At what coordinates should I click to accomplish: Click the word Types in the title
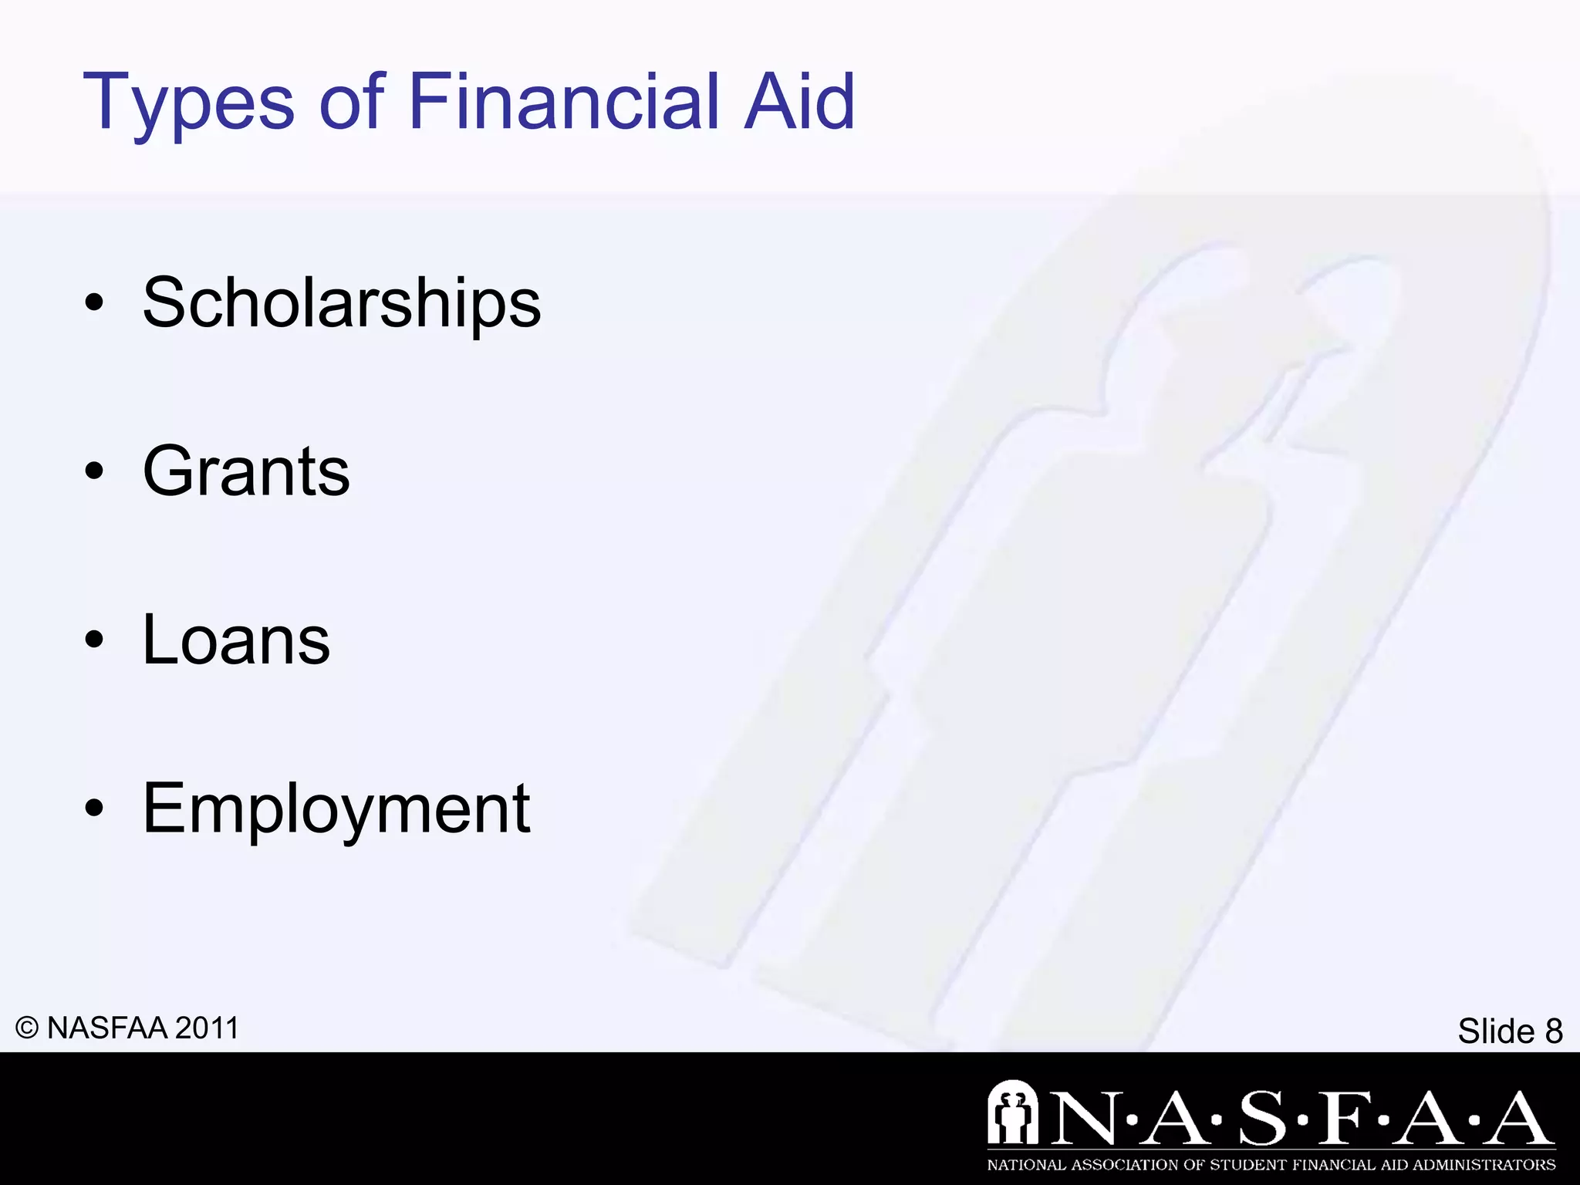pyautogui.click(x=188, y=103)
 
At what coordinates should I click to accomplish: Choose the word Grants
pyautogui.click(x=246, y=471)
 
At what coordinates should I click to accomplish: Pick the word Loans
pyautogui.click(x=236, y=640)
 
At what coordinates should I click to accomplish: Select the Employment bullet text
pyautogui.click(x=336, y=809)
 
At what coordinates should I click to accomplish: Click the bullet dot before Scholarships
pyautogui.click(x=94, y=304)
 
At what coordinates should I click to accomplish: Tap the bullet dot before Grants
pyautogui.click(x=94, y=472)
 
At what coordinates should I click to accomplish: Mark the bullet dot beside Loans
pyautogui.click(x=94, y=640)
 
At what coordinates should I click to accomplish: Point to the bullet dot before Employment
pyautogui.click(x=94, y=809)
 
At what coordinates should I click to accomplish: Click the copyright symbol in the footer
pyautogui.click(x=27, y=1028)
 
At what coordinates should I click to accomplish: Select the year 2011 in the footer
pyautogui.click(x=207, y=1028)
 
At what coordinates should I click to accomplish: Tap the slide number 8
pyautogui.click(x=1553, y=1031)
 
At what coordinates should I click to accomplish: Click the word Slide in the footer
pyautogui.click(x=1496, y=1031)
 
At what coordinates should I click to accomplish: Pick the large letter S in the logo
pyautogui.click(x=1263, y=1118)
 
